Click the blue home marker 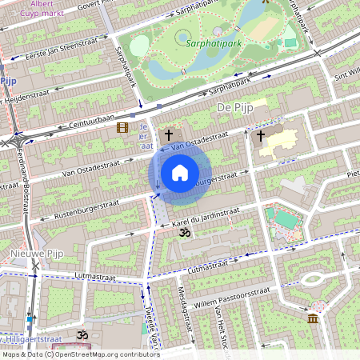click(180, 172)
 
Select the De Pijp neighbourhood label click(234, 106)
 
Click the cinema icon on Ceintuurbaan click(122, 127)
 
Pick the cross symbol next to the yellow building click(260, 136)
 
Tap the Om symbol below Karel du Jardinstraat click(185, 233)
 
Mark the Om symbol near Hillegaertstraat click(80, 333)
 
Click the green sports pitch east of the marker click(285, 218)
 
